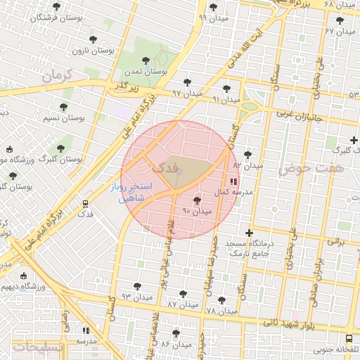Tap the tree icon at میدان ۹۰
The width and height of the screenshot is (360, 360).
pos(196,200)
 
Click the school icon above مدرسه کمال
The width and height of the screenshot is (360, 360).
pos(233,181)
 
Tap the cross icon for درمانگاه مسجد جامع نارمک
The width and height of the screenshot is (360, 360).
pos(248,233)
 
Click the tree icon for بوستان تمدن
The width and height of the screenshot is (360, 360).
pos(146,61)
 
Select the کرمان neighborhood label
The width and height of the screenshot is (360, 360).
pos(58,76)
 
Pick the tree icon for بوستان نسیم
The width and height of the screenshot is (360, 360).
pos(63,108)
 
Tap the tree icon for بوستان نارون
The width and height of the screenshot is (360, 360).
pos(93,40)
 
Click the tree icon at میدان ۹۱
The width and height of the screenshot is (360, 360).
pos(226,89)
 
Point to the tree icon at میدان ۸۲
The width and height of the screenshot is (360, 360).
pos(247,155)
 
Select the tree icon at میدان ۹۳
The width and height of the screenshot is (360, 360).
pos(137,286)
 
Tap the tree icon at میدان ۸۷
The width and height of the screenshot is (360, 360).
pos(183,294)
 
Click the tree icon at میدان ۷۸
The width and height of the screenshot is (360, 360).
pos(221,300)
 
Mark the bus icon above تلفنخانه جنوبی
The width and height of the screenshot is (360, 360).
pos(350,338)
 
